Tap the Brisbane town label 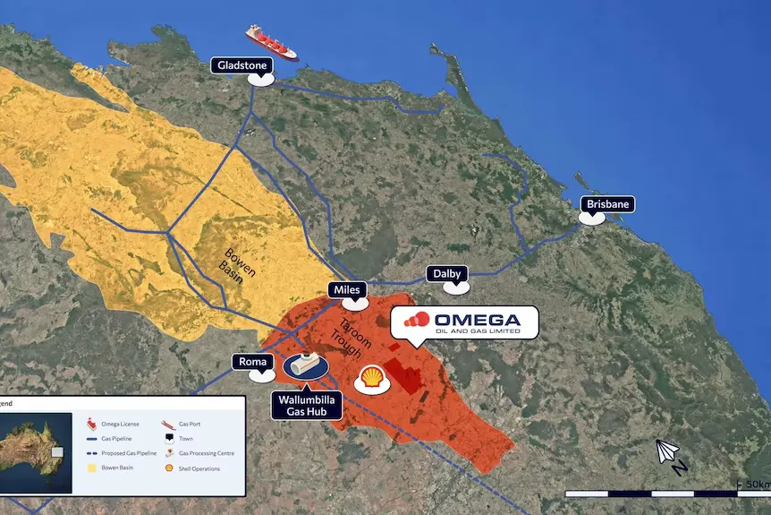[606, 204]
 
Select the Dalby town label [446, 273]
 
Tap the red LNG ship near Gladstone [271, 40]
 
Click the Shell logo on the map [371, 378]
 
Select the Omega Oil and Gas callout [464, 322]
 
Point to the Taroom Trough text [344, 339]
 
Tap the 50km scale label [755, 485]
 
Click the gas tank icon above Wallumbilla [303, 365]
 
